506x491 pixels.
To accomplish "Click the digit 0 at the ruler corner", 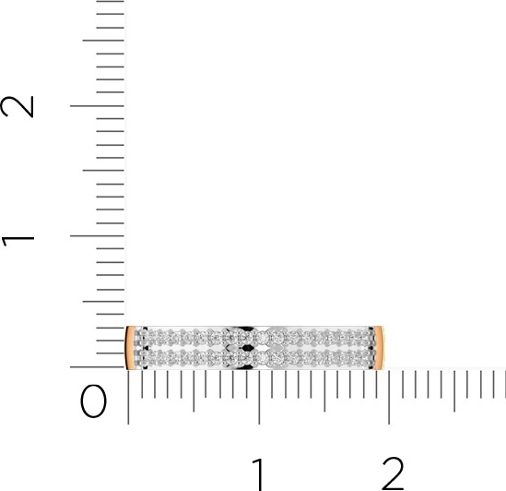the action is tap(93, 401).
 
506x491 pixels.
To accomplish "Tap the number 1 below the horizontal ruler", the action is tap(259, 473).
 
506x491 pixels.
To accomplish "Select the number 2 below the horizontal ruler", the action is tap(393, 473).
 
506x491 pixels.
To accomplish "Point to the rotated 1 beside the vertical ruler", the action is tap(18, 242).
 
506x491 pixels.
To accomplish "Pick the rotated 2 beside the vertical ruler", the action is tap(18, 107).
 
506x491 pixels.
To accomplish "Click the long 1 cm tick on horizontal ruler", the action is tap(259, 397).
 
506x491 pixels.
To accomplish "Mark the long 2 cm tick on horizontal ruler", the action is tap(389, 397).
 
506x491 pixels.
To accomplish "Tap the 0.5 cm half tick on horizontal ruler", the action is tap(194, 391).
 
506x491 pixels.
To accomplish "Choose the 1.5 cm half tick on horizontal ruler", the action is tap(324, 391).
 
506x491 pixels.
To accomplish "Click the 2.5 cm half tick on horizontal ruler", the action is tap(454, 391).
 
